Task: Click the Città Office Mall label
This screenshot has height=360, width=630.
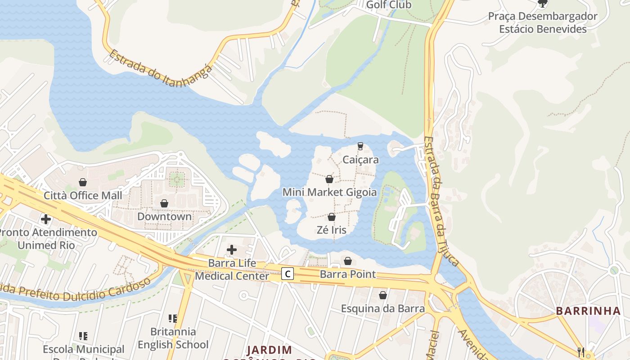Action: tap(83, 196)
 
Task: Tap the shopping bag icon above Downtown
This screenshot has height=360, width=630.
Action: tap(164, 203)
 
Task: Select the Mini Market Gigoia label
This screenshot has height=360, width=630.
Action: tap(329, 192)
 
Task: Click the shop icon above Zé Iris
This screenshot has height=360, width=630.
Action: tap(332, 217)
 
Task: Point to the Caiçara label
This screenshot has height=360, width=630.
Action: tap(360, 160)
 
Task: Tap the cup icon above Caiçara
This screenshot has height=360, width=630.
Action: tap(360, 146)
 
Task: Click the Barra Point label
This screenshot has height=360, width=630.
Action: tap(347, 274)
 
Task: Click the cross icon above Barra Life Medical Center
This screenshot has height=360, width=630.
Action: tap(232, 250)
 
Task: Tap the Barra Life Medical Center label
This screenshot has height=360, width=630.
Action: tap(232, 270)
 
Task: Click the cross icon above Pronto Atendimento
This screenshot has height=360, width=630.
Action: tap(46, 219)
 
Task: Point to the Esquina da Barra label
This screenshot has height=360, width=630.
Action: tap(382, 309)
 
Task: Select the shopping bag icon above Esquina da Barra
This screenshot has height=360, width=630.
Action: tap(382, 296)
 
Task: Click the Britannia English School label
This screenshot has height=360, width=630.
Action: tap(173, 338)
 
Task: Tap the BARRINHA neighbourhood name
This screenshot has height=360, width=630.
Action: tap(588, 311)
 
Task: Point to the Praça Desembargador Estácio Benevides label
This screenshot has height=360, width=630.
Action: tap(543, 23)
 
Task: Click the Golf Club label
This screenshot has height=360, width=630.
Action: tap(389, 5)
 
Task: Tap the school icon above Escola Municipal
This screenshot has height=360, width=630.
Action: tap(83, 336)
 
